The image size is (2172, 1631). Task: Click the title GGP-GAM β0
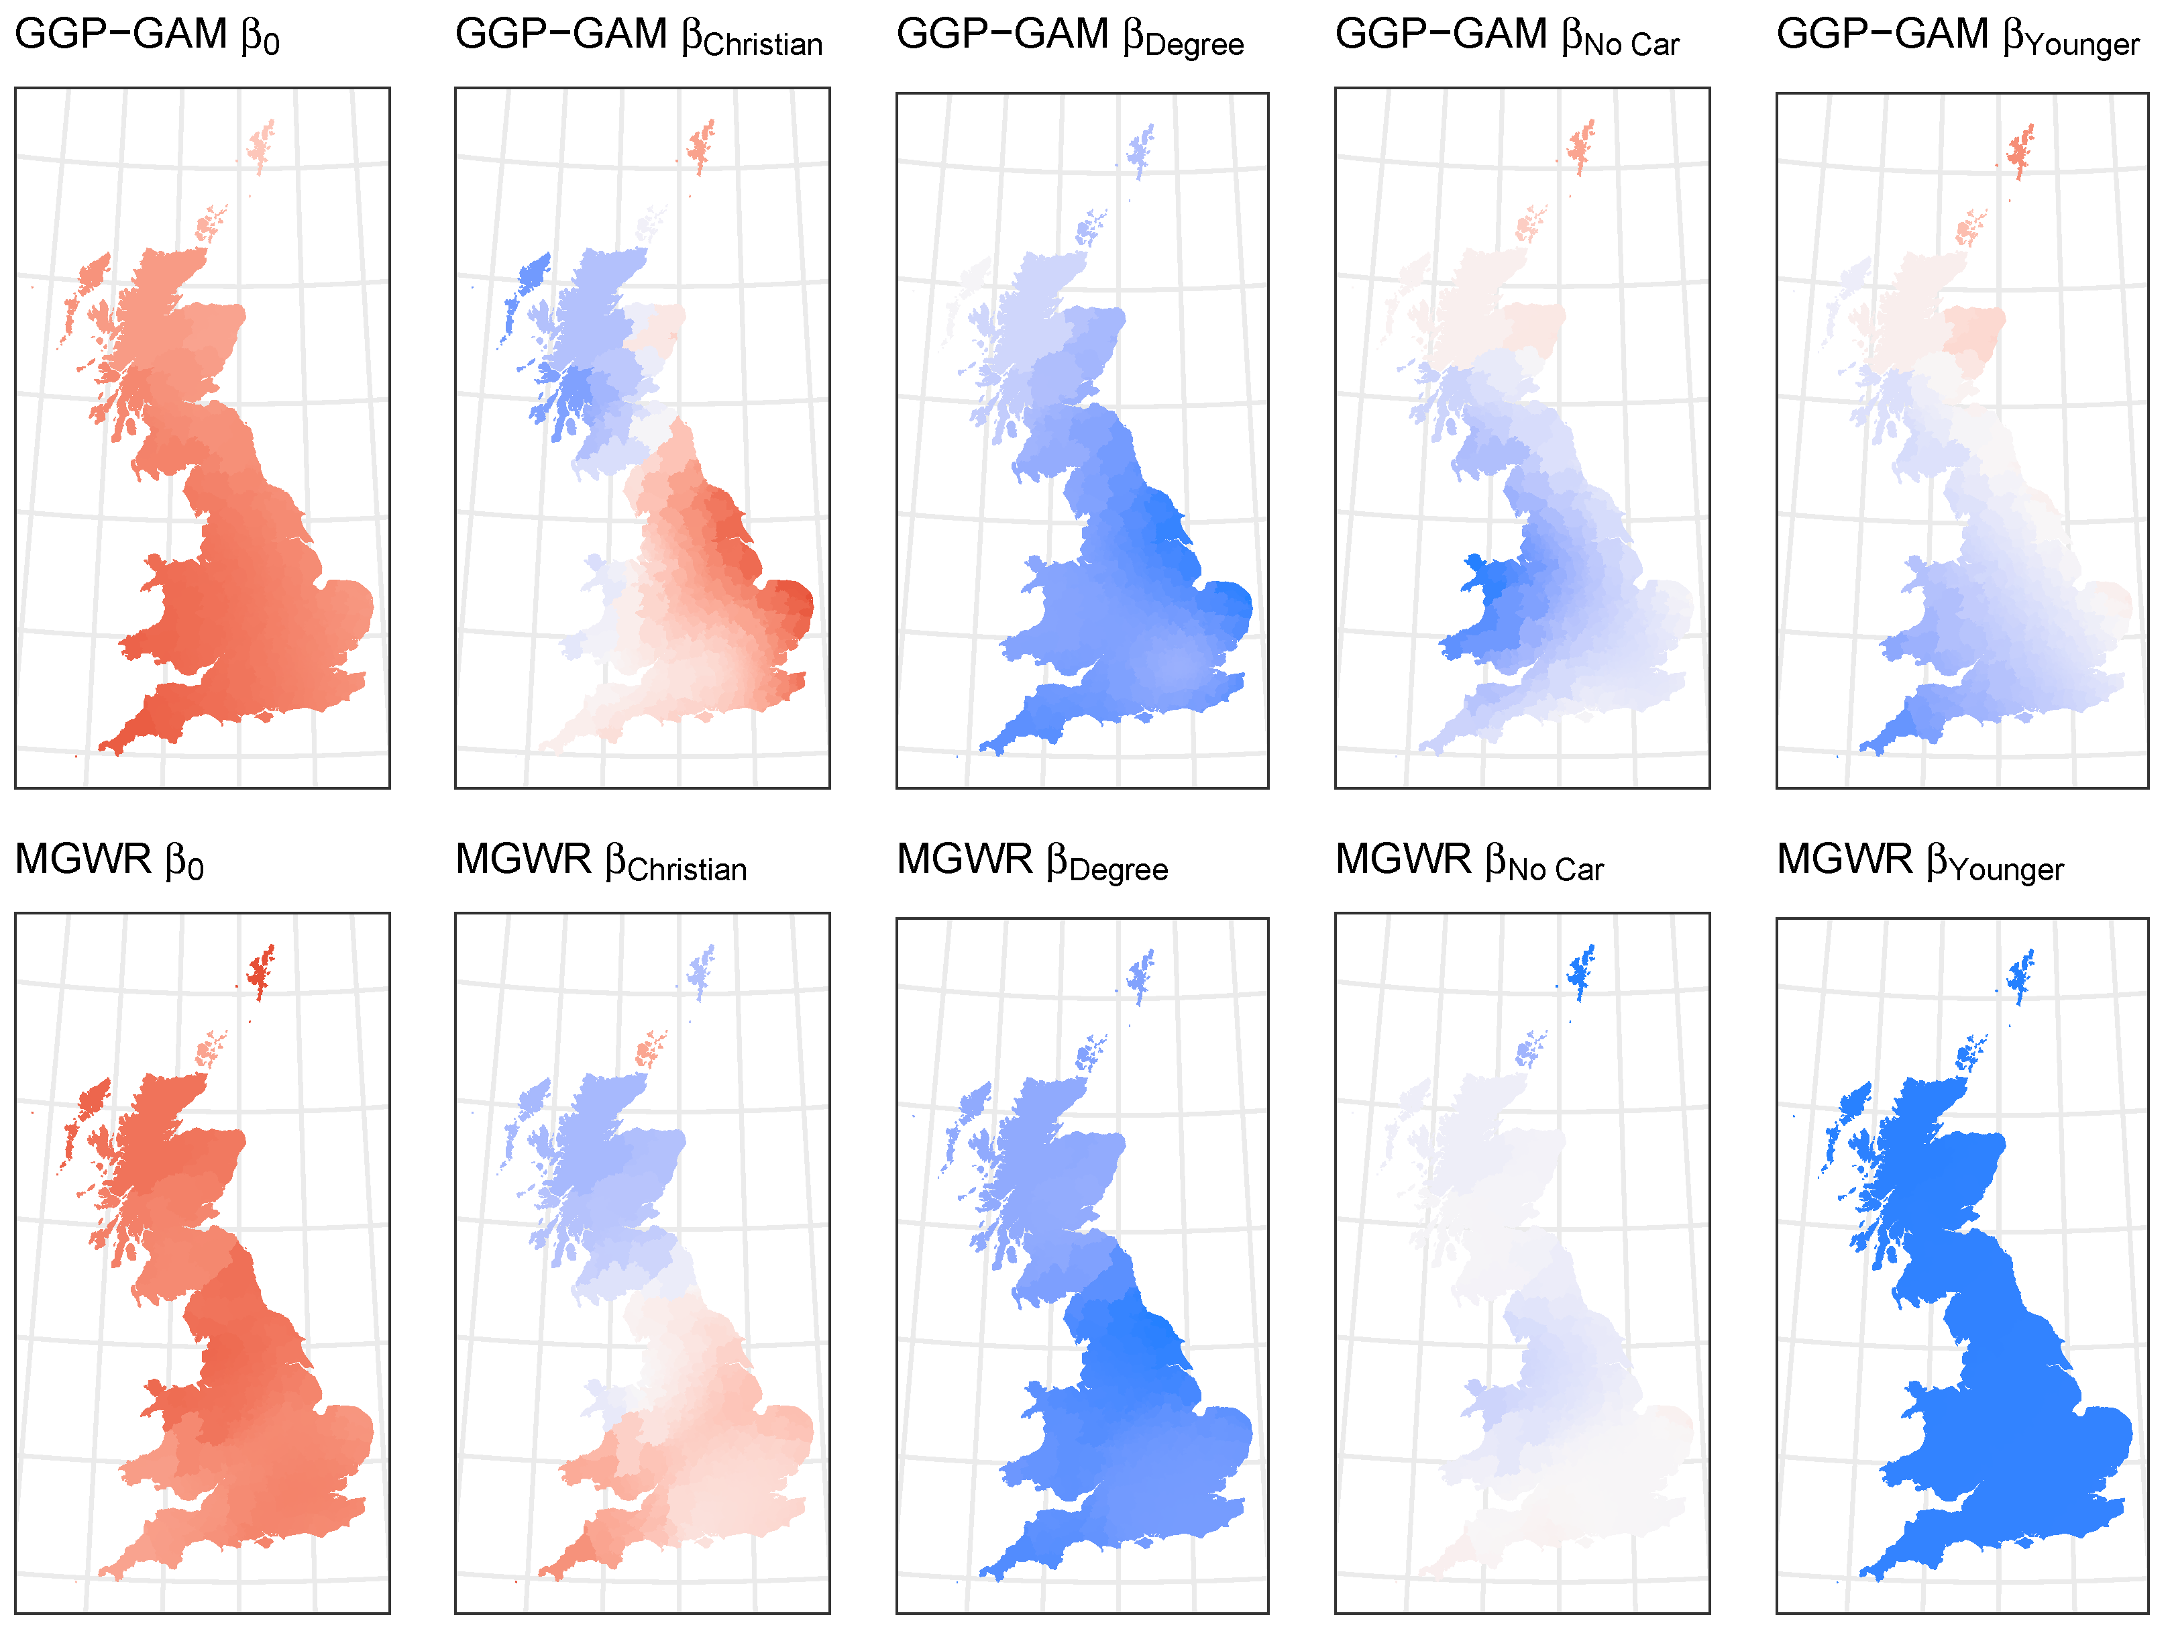coord(148,36)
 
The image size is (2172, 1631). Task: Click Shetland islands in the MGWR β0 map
coord(261,973)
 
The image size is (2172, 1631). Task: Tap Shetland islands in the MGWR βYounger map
coord(2022,977)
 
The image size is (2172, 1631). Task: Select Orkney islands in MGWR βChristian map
coord(650,1051)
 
